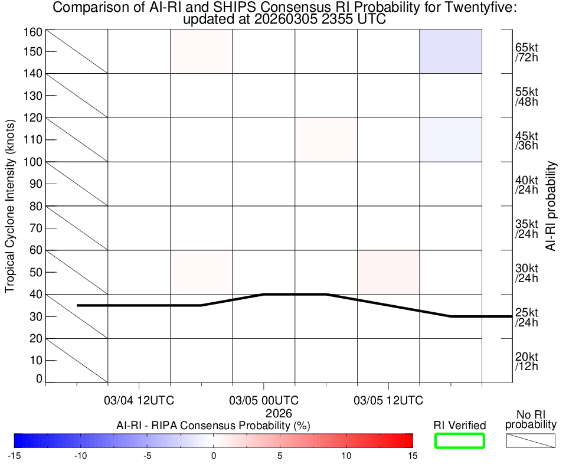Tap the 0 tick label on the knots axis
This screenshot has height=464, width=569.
(x=40, y=378)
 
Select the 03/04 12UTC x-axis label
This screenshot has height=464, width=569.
(x=139, y=401)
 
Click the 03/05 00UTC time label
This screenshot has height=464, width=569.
(x=264, y=401)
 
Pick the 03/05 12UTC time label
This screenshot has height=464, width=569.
(x=388, y=401)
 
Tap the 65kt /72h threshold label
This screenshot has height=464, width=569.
(x=527, y=52)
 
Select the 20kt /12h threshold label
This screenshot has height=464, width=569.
(x=527, y=361)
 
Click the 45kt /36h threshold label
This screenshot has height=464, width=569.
(x=527, y=140)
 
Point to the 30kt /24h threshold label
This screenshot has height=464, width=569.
(x=527, y=273)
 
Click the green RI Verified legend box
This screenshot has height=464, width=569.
(x=459, y=440)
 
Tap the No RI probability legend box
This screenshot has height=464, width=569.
(x=531, y=440)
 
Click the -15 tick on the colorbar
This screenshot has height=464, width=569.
(x=15, y=455)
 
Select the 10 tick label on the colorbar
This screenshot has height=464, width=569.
(x=346, y=455)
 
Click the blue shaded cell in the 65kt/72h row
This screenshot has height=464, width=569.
(x=451, y=51)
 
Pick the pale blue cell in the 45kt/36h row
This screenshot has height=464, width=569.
(x=451, y=140)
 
